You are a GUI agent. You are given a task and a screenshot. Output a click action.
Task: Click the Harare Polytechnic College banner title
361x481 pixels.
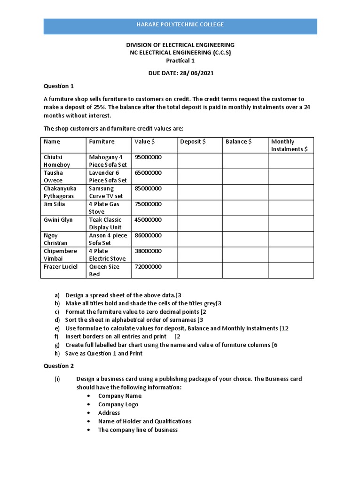[x=180, y=24]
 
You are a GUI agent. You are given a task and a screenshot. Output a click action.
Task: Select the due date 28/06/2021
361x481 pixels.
[x=180, y=74]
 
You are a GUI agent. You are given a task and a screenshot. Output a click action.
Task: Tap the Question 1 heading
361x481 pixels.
[x=59, y=86]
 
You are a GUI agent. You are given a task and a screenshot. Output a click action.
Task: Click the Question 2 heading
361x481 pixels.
[x=59, y=366]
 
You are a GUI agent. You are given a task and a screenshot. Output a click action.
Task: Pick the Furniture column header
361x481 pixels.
[x=102, y=141]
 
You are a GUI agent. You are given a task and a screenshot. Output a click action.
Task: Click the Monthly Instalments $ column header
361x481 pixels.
[x=289, y=145]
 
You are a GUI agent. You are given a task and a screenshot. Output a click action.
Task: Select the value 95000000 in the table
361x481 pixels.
[x=148, y=157]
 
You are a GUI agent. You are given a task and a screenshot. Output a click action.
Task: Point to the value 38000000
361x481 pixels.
[x=148, y=251]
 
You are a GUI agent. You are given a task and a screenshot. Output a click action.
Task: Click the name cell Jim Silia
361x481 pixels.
[x=55, y=204]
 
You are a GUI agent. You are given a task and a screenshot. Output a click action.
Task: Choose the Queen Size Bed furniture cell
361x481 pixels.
[x=104, y=270]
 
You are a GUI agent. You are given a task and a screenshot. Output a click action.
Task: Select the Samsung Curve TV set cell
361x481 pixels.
[x=106, y=192]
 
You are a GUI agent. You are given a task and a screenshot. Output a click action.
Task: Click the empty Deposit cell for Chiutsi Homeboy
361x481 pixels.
[x=199, y=161]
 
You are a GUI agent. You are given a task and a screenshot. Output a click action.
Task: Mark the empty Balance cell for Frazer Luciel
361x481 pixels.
[x=245, y=270]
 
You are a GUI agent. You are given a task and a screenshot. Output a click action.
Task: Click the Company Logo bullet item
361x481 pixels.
[x=118, y=404]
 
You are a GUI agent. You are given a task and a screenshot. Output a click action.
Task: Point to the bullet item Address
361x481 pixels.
[x=109, y=413]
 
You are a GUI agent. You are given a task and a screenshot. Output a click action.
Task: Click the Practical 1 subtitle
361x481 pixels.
[x=180, y=61]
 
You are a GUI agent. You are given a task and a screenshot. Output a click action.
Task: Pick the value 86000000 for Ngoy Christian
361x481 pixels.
[x=148, y=235]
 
